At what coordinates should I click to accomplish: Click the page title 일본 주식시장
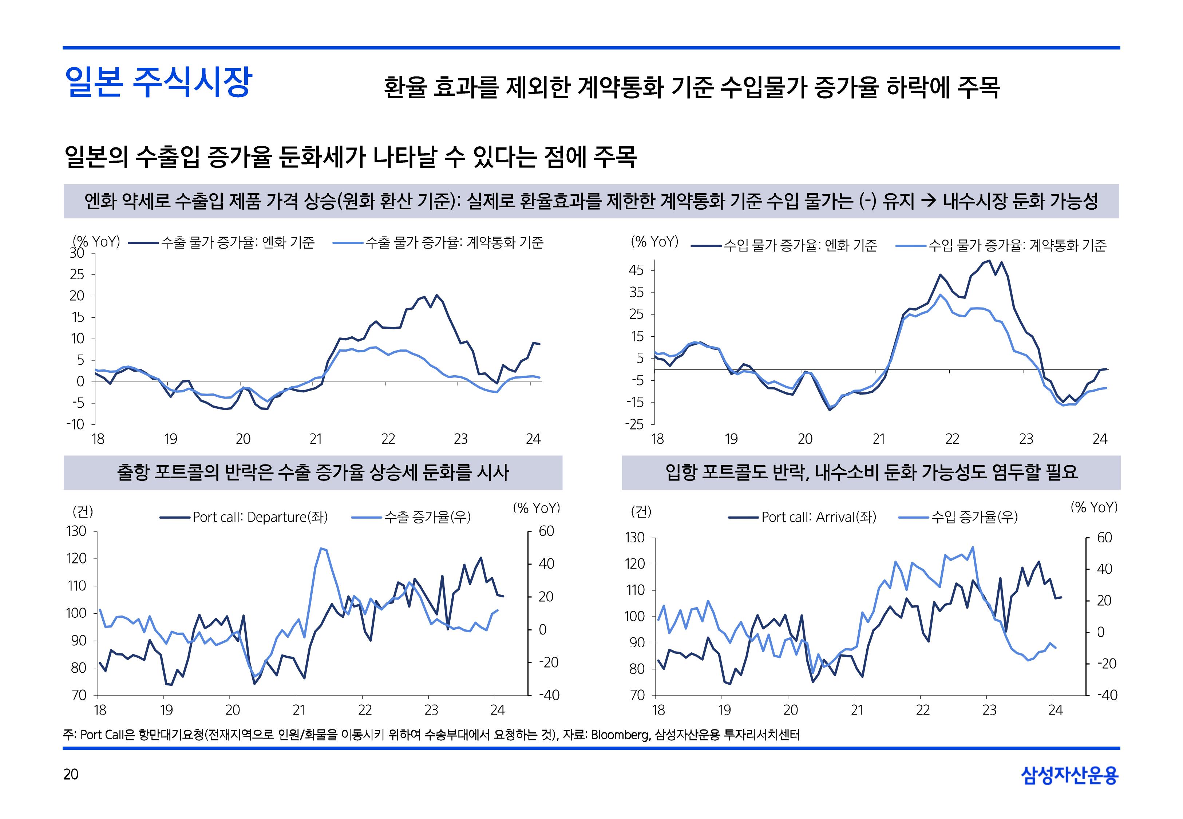pos(158,82)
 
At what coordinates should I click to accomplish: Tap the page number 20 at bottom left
pos(71,774)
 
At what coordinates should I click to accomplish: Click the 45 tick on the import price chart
pos(636,270)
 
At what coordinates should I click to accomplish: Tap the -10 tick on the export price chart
pos(75,424)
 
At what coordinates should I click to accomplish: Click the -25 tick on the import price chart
pos(634,424)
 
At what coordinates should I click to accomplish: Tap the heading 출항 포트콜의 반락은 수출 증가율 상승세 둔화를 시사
pos(313,472)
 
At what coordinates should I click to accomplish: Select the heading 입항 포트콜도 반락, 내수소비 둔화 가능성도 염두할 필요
pos(871,472)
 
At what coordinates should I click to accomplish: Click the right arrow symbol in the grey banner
pos(929,201)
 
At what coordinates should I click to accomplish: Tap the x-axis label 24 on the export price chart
pos(533,439)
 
